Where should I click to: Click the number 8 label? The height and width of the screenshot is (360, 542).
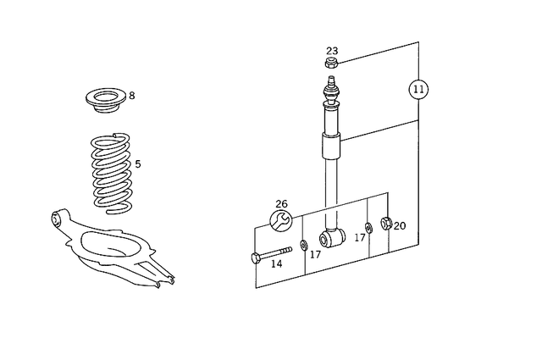[131, 96]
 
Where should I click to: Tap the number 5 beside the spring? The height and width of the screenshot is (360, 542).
[138, 164]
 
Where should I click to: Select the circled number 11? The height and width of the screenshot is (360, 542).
[418, 88]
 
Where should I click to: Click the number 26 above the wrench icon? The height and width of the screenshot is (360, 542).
[281, 204]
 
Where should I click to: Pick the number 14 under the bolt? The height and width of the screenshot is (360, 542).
[276, 264]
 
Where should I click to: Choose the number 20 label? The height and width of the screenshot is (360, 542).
[400, 226]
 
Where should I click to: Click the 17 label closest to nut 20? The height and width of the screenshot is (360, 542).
[360, 238]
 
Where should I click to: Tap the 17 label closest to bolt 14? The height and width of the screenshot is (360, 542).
[315, 254]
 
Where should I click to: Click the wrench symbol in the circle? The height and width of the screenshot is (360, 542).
[281, 221]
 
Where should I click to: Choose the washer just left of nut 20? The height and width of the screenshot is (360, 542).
[369, 227]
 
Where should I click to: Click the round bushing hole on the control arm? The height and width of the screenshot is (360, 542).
[58, 220]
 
